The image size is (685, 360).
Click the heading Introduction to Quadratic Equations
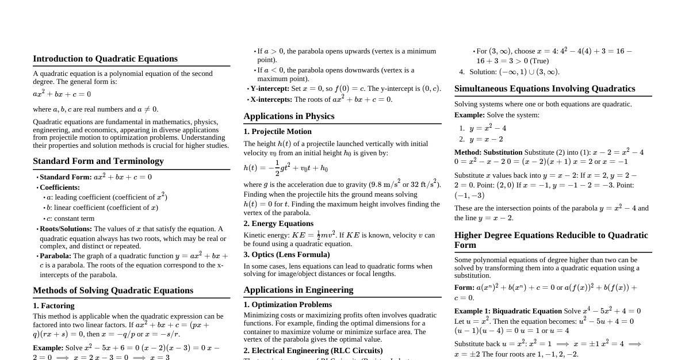point(105,59)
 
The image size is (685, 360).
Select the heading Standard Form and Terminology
point(98,161)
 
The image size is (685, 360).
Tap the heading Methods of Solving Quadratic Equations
point(113,290)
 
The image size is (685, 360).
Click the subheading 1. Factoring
point(53,306)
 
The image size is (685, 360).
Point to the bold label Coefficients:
point(60,187)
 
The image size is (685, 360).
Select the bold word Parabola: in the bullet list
point(55,256)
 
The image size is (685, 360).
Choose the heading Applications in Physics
point(289,116)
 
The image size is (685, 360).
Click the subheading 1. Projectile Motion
point(277,132)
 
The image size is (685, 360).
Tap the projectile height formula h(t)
point(285,168)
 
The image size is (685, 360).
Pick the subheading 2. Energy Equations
point(278,224)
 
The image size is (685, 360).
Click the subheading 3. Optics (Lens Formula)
point(286,255)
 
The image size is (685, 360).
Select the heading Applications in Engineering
point(298,290)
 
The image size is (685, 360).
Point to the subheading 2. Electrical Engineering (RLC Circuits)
point(313,351)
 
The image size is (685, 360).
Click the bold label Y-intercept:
point(270,89)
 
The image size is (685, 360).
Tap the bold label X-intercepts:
point(271,99)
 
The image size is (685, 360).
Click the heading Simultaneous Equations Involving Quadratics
point(545,89)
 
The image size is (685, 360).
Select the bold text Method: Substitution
point(488,152)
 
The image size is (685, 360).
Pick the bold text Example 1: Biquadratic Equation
point(508,311)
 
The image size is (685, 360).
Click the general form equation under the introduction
point(62,94)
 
